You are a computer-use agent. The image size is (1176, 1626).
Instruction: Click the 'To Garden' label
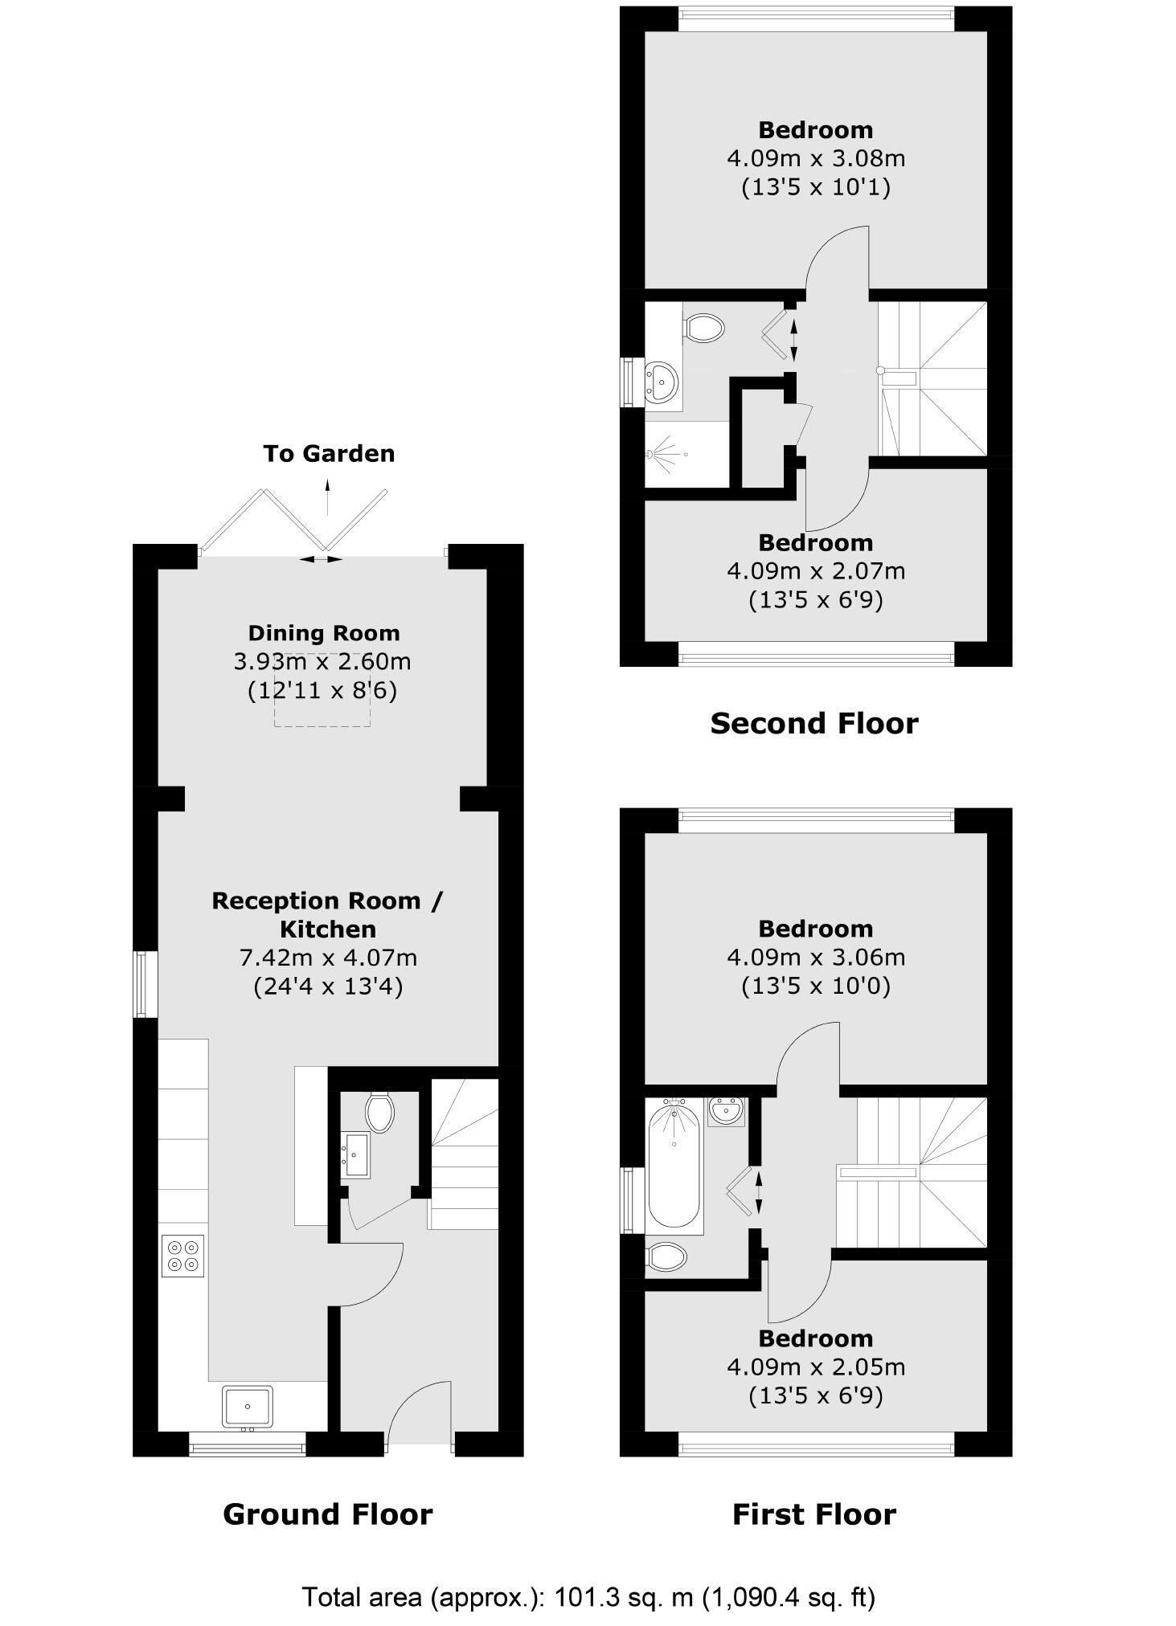tap(329, 453)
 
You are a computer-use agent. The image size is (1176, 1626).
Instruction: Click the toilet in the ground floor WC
tap(379, 1113)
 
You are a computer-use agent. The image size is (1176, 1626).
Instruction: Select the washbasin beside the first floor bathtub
tap(727, 1112)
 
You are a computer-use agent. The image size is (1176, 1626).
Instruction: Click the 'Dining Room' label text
tap(323, 633)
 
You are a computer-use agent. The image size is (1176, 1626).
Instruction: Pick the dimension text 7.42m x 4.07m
tap(328, 958)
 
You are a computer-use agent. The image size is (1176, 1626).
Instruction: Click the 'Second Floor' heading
tap(813, 724)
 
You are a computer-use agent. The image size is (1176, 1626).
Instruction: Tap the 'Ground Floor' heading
tap(327, 1514)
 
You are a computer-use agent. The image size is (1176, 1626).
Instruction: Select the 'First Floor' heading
tap(813, 1514)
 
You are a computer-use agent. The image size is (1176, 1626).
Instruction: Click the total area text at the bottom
tap(588, 1596)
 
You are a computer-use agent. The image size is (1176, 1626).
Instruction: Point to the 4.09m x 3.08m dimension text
tap(815, 158)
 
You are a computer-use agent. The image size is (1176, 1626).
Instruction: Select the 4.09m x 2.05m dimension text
tap(815, 1367)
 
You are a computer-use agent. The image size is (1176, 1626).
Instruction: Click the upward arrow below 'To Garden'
tap(327, 496)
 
